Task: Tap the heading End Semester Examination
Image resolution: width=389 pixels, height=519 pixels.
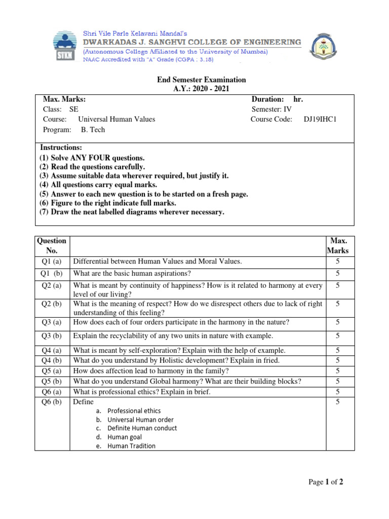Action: pyautogui.click(x=201, y=80)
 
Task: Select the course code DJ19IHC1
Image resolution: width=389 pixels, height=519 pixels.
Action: pyautogui.click(x=320, y=120)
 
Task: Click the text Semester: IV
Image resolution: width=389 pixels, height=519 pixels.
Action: pyautogui.click(x=271, y=109)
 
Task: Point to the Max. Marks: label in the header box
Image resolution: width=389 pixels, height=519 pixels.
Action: pyautogui.click(x=64, y=99)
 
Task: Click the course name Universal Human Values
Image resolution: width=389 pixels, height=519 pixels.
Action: pyautogui.click(x=116, y=120)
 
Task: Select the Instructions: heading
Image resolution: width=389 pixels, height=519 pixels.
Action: pyautogui.click(x=61, y=147)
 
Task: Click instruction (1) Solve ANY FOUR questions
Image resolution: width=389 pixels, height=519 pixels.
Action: pyautogui.click(x=92, y=158)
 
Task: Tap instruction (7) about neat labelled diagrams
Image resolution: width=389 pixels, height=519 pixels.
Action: pyautogui.click(x=132, y=212)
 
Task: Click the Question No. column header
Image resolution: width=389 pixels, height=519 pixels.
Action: pyautogui.click(x=52, y=246)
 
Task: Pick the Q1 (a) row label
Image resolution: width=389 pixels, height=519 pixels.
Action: pyautogui.click(x=52, y=262)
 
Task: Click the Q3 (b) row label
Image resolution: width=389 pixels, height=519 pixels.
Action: pyautogui.click(x=52, y=336)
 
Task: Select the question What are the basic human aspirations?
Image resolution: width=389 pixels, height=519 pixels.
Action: pyautogui.click(x=132, y=274)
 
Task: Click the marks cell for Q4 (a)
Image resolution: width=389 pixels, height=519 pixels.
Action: pyautogui.click(x=337, y=351)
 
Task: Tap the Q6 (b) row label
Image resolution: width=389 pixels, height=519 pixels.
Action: pyautogui.click(x=52, y=402)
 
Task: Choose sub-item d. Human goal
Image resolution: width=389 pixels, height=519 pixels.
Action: pyautogui.click(x=124, y=437)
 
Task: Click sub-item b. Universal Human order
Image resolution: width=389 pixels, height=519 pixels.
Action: pyautogui.click(x=140, y=420)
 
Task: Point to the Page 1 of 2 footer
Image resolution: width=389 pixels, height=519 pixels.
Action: pyautogui.click(x=326, y=483)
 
